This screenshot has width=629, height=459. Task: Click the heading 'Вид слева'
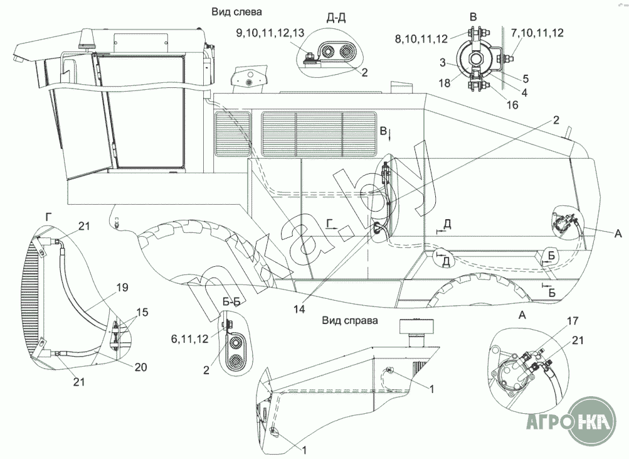click(236, 12)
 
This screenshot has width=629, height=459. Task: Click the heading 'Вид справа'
click(350, 320)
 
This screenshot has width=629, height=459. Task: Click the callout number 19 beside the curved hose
click(123, 288)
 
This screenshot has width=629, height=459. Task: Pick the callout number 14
click(299, 309)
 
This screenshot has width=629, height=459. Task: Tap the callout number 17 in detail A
click(573, 321)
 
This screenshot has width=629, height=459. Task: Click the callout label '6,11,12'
click(190, 339)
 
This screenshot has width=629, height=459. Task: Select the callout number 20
click(141, 367)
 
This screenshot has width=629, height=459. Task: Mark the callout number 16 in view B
click(512, 105)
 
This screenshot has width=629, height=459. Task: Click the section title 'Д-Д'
click(337, 18)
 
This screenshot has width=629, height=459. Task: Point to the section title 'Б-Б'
click(231, 302)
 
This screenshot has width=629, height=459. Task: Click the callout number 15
click(142, 312)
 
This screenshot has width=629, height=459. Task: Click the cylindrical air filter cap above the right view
click(416, 326)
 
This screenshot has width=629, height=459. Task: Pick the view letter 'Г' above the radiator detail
click(48, 217)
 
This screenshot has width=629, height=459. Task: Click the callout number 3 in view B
click(443, 63)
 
